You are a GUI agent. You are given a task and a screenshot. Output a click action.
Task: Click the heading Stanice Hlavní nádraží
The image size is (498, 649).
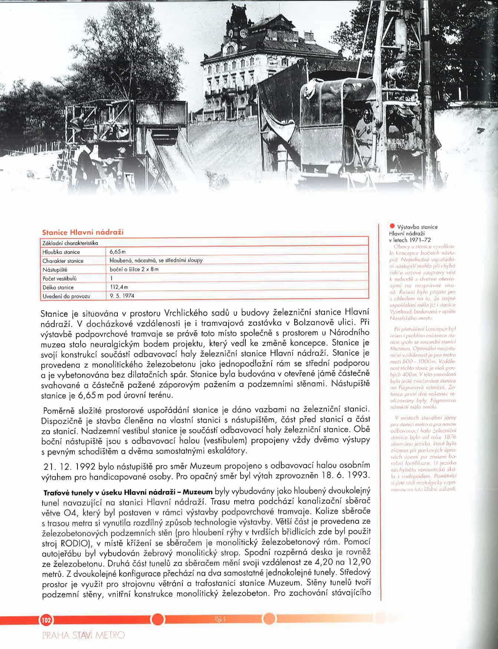pos(83,232)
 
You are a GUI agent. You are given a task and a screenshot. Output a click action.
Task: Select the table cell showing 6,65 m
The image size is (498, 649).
pos(117,252)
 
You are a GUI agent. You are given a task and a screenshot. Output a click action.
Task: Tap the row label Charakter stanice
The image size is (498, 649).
pos(63,261)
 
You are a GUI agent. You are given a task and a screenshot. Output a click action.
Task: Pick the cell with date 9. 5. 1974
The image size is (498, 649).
pos(122,296)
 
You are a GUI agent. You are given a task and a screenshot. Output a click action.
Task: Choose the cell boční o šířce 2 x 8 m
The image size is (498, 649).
pos(134,269)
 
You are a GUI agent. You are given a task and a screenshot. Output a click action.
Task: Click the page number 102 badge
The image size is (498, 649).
pos(46,619)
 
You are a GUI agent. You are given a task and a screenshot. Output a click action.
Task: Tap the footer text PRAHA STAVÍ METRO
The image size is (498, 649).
pos(84,636)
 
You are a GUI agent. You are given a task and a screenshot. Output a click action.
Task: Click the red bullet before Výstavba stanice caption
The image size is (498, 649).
pos(392,226)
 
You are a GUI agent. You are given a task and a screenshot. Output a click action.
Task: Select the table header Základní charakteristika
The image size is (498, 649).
pos(70,243)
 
